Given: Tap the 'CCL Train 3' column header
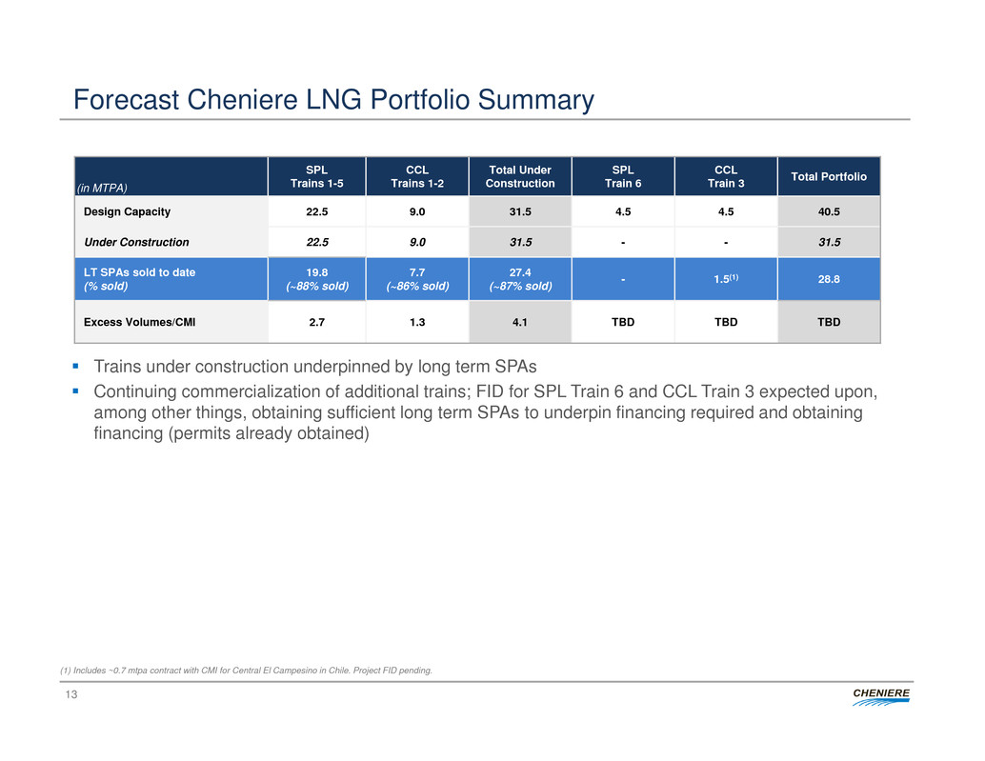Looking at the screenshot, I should pyautogui.click(x=726, y=176).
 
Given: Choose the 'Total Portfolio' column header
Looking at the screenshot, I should pyautogui.click(x=829, y=177).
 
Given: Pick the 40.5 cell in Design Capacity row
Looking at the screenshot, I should pyautogui.click(x=829, y=212).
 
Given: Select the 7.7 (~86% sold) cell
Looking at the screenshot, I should pyautogui.click(x=416, y=279).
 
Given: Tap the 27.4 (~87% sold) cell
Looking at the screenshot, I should pyautogui.click(x=520, y=279).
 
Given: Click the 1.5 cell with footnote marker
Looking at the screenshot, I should pyautogui.click(x=726, y=279).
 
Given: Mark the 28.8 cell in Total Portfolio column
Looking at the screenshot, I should pyautogui.click(x=829, y=279).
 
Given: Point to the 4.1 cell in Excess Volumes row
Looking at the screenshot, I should pyautogui.click(x=520, y=322).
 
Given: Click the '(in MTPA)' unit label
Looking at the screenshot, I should pyautogui.click(x=102, y=187).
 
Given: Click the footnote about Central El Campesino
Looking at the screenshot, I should pyautogui.click(x=246, y=671).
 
